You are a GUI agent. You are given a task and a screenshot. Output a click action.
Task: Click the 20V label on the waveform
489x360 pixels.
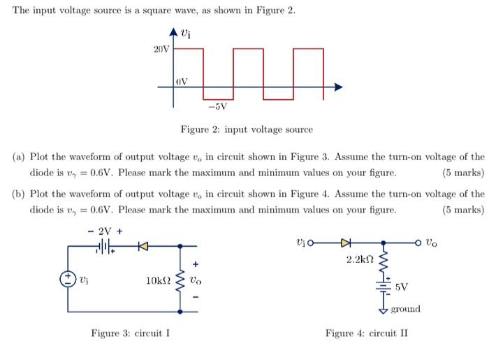point(161,49)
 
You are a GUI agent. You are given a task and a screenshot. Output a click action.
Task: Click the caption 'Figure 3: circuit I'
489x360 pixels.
point(131,333)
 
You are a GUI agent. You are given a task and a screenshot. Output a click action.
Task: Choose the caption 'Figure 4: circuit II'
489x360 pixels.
point(366,333)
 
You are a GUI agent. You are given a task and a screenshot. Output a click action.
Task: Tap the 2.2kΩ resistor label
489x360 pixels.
point(361,259)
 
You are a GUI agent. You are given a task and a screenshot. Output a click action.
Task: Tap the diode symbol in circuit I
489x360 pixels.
point(143,247)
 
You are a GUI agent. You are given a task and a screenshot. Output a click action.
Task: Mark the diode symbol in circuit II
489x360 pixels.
point(345,244)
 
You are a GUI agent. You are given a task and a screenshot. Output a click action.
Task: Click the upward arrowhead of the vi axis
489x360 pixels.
point(175,30)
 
